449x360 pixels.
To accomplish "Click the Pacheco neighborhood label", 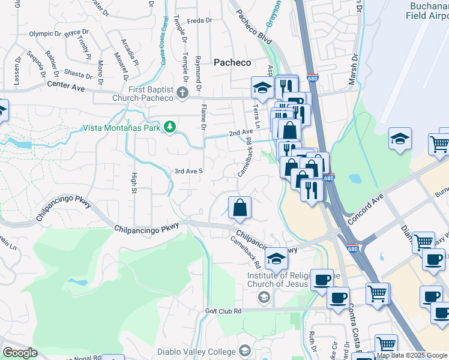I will (x=232, y=62).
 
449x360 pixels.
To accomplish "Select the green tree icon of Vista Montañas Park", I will (x=170, y=127).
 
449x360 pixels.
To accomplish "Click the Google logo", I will (x=20, y=353).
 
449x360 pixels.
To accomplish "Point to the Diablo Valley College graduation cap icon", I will (x=244, y=350).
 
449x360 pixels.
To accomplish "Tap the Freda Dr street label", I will (x=200, y=20).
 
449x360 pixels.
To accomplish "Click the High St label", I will (x=134, y=183).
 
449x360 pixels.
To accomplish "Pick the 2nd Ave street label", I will (x=241, y=133).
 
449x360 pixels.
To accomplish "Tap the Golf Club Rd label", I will (x=223, y=311).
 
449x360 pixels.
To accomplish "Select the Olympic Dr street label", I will (x=46, y=34).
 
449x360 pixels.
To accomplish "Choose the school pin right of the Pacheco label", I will (x=262, y=89).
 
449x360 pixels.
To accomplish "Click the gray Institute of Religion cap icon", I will (x=264, y=297).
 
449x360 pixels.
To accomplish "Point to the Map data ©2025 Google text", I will (x=412, y=355).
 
